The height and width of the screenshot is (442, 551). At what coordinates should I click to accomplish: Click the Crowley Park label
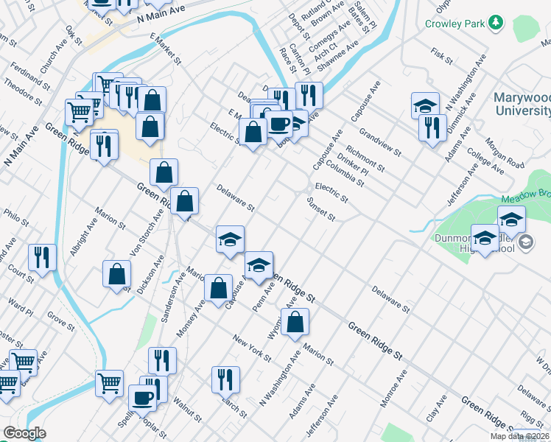[x=455, y=24]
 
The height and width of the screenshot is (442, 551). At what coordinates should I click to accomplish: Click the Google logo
[x=24, y=433]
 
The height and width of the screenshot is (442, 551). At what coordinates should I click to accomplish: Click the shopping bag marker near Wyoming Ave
[x=295, y=322]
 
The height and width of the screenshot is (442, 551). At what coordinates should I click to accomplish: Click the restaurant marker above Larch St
[x=225, y=379]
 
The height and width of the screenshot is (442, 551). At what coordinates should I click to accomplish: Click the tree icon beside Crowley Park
[x=497, y=24]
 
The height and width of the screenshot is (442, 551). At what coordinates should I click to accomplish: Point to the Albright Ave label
[x=82, y=236]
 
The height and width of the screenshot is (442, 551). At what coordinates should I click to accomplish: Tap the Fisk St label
[x=441, y=54]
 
